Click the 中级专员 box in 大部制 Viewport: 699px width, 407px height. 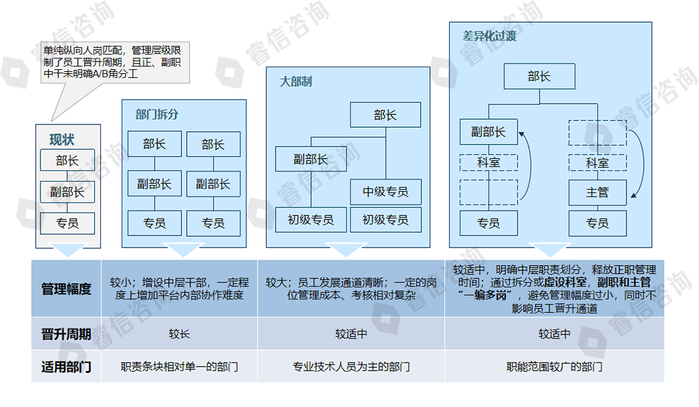point(386,192)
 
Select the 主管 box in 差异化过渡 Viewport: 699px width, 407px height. point(598,193)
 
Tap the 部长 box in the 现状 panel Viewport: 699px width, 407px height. point(67,160)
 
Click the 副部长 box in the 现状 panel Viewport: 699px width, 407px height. point(67,192)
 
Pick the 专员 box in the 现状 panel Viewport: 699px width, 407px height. point(67,223)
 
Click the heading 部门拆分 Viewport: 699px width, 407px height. point(157,114)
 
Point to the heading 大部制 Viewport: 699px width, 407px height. point(296,81)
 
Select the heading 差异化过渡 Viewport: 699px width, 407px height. point(489,36)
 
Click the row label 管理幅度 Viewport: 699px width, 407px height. point(66,289)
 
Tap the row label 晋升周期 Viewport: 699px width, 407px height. point(66,334)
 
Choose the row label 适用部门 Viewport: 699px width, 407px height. point(66,367)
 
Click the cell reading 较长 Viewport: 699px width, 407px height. point(179,334)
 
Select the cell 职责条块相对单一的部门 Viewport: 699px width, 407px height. point(179,367)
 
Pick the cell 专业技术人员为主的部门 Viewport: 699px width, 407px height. point(351,367)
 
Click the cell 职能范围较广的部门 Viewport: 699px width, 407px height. point(554,367)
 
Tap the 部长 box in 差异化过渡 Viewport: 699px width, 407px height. point(540,76)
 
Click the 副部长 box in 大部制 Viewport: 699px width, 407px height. point(311,159)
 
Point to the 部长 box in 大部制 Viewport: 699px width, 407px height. point(385,115)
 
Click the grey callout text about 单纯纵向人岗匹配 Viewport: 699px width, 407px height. point(112,62)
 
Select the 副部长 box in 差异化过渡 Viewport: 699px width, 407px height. point(489,132)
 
